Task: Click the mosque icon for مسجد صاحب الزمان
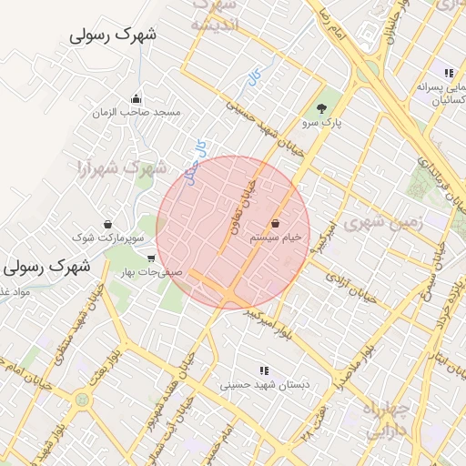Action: (137, 99)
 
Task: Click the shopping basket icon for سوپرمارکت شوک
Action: (108, 224)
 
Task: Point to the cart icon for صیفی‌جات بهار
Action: (151, 258)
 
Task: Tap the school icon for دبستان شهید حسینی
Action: (264, 370)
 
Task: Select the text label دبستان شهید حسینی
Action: (265, 385)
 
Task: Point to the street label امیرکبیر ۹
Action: (322, 235)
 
